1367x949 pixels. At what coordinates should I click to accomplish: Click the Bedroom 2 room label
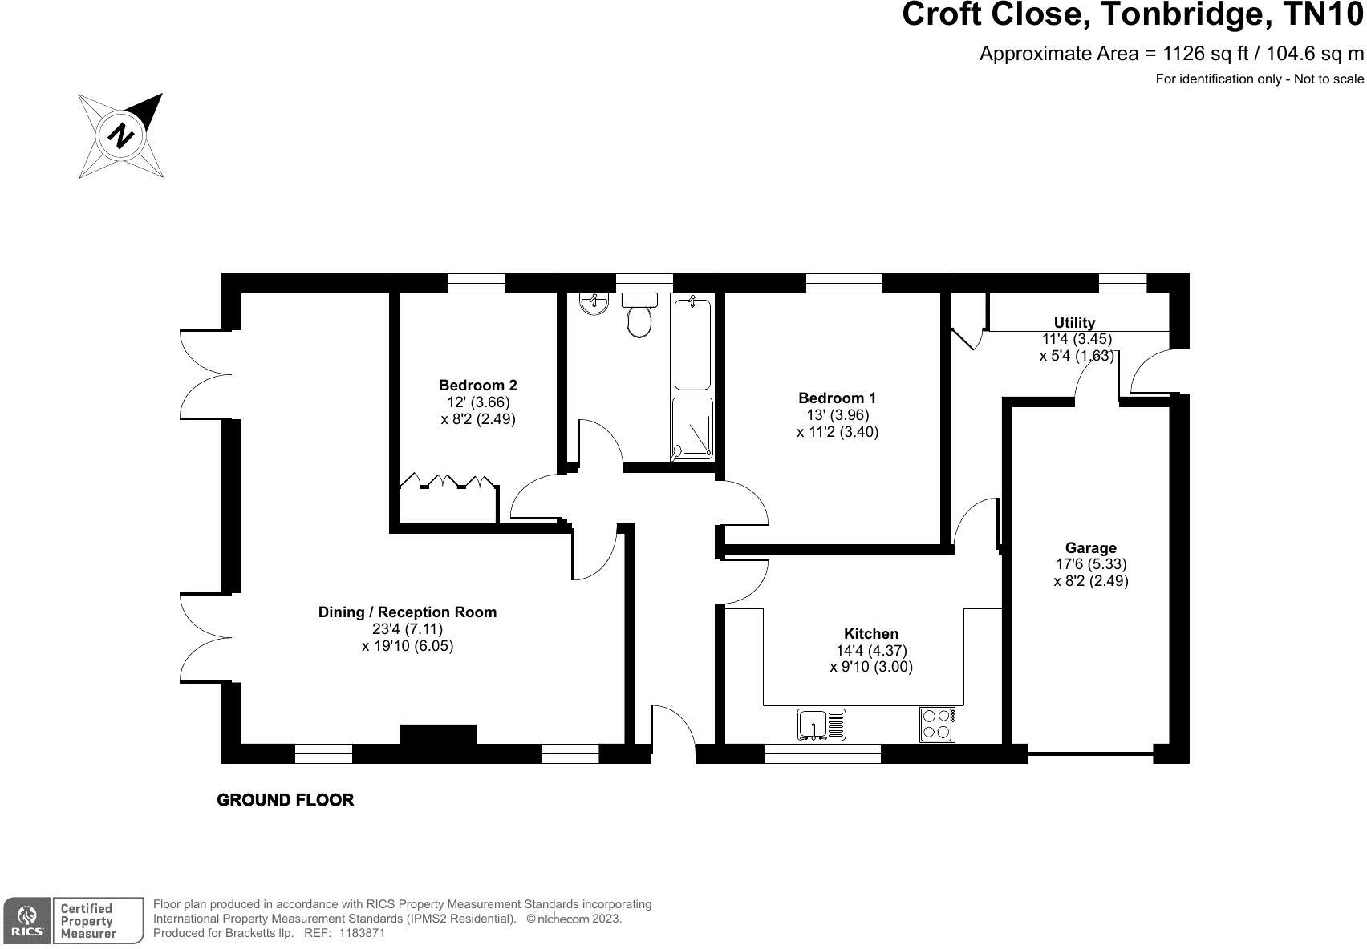coord(478,386)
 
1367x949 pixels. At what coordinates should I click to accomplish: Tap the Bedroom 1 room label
coord(837,398)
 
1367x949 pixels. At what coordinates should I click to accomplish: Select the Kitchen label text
coord(871,634)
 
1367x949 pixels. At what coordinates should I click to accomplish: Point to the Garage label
coord(1090,547)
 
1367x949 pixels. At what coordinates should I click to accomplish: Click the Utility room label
coord(1074,322)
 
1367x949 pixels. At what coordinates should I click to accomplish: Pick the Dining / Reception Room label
coord(407,612)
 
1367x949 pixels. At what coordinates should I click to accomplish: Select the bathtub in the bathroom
coord(692,343)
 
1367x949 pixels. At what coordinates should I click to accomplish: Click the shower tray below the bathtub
coord(692,427)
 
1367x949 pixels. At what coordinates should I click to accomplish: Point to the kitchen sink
coord(821,725)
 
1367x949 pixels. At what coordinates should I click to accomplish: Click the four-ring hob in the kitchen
coord(937,725)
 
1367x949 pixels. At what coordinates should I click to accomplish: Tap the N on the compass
coord(121,135)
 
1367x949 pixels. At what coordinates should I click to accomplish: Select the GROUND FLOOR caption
coord(285,800)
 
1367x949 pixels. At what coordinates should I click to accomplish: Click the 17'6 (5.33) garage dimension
coord(1091,564)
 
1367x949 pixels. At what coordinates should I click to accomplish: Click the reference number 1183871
coord(362,933)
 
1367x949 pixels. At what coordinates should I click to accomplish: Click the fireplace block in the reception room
coord(438,734)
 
